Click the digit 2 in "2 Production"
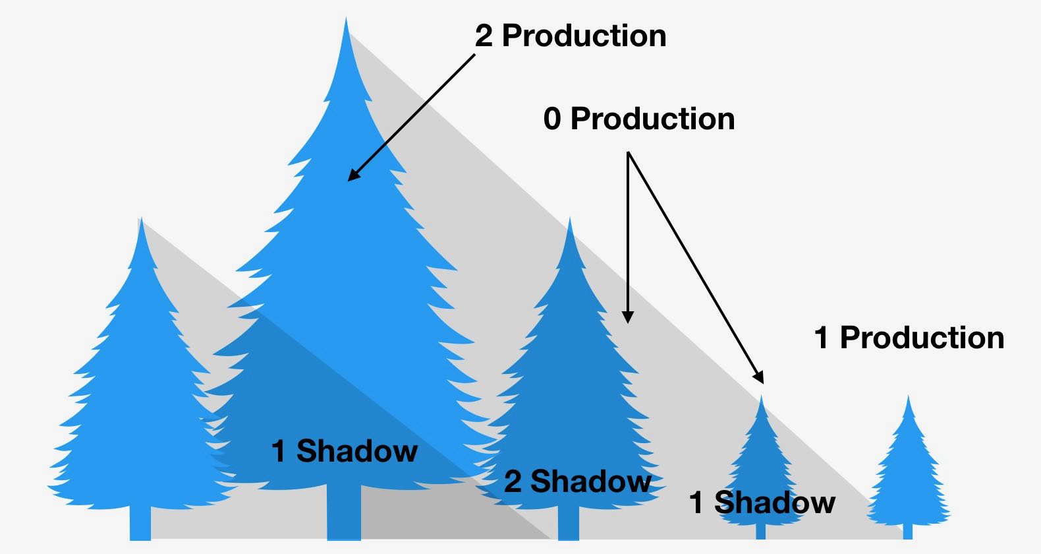(484, 36)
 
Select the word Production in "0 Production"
(652, 119)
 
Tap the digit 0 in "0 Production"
(552, 119)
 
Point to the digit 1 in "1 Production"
(821, 338)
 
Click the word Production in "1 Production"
(922, 338)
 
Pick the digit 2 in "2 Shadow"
(513, 482)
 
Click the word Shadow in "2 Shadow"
(591, 482)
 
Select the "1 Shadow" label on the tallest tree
(345, 452)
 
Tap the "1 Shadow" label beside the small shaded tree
(762, 503)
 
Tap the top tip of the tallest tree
(346, 21)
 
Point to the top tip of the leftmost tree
(140, 221)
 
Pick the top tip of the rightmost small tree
(909, 398)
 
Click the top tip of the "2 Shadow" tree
(569, 221)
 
